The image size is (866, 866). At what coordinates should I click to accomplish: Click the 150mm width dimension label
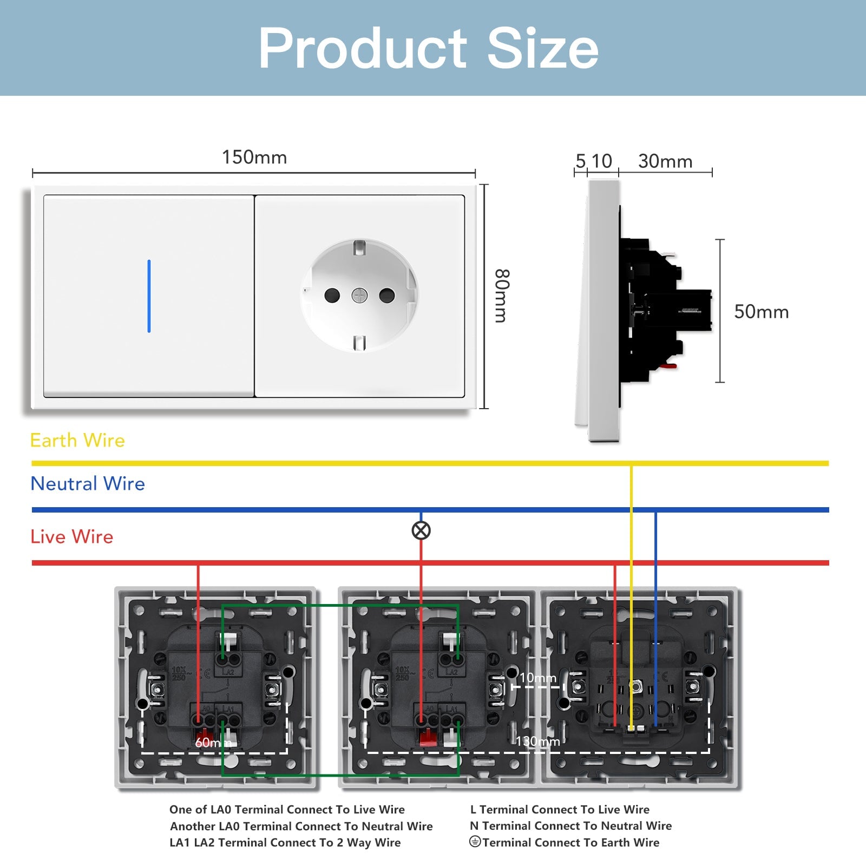254,158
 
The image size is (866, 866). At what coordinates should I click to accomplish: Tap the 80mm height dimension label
502,296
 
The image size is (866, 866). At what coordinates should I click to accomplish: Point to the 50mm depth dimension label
761,312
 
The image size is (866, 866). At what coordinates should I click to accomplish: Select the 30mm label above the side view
665,161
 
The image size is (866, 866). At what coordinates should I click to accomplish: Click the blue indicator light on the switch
149,296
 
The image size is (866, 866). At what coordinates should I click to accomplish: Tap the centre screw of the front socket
359,296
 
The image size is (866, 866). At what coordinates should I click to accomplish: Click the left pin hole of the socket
332,296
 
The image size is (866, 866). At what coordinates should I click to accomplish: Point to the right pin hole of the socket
387,296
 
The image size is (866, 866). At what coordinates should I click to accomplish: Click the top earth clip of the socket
359,248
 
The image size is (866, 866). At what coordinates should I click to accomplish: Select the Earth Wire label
77,441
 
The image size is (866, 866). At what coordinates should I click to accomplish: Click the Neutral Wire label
88,484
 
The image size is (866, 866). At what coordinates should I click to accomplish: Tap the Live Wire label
72,537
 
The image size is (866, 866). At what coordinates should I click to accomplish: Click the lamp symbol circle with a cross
421,530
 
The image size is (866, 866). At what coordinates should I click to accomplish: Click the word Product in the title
363,49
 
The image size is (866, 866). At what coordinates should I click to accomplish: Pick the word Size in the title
543,49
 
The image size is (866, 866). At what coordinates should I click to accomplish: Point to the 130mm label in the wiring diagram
537,742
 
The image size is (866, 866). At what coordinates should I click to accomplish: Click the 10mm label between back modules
537,678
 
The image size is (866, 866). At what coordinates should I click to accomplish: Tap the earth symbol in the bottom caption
475,842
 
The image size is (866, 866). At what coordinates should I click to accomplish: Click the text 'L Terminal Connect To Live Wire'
560,810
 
